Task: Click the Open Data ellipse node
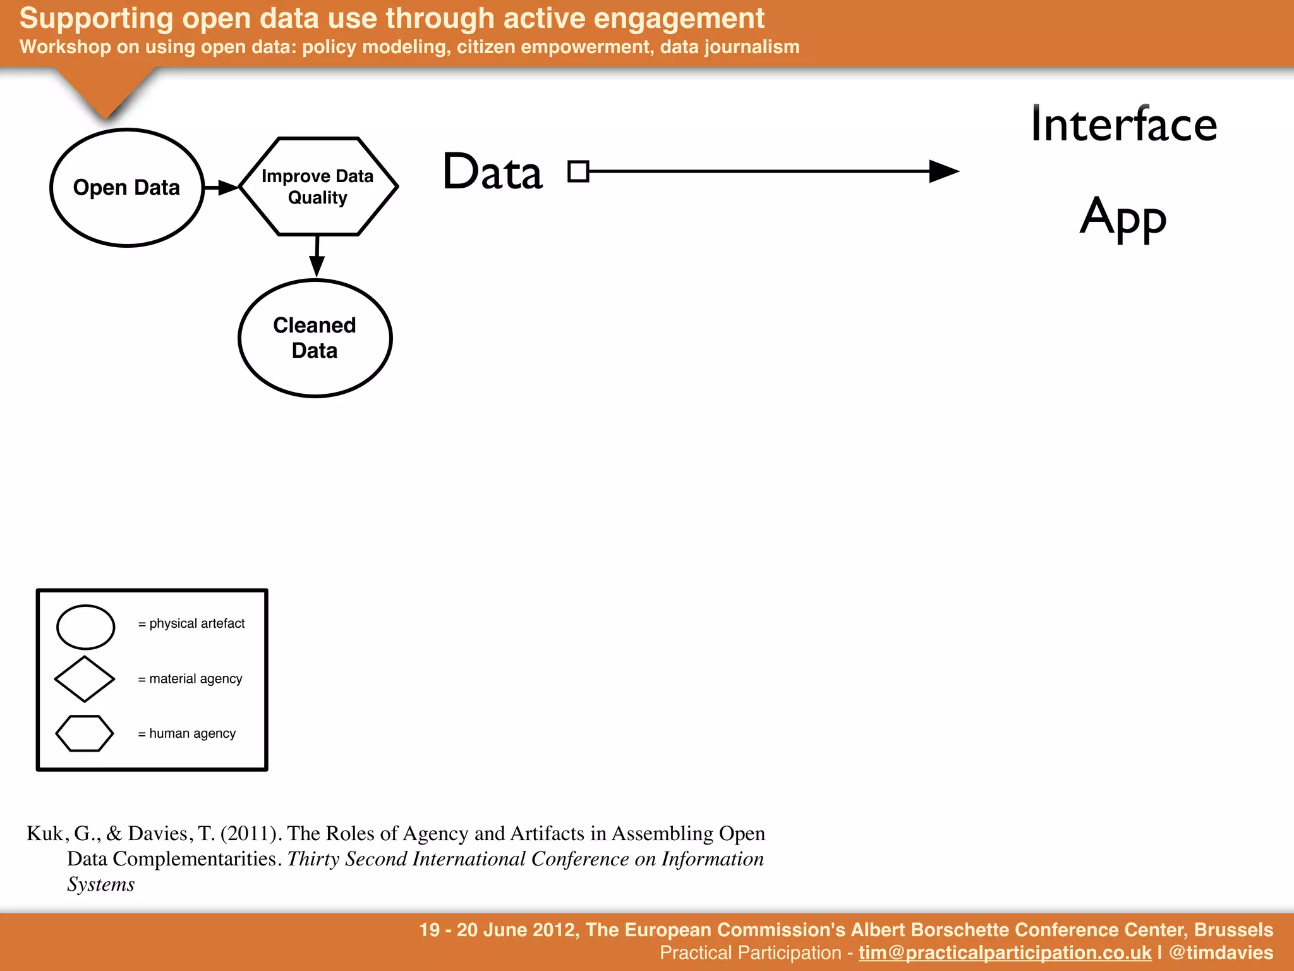[127, 188]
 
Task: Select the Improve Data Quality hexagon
[318, 186]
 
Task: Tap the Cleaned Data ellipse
[315, 338]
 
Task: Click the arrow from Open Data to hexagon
[221, 187]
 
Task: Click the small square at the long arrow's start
[578, 171]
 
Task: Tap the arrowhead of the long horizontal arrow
[944, 171]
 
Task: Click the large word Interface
[1123, 125]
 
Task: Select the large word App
[1123, 217]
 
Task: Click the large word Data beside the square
[493, 172]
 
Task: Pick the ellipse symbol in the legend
[85, 627]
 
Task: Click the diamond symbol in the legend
[85, 679]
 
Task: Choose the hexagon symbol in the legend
[85, 733]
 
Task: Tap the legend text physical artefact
[197, 624]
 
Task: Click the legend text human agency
[192, 734]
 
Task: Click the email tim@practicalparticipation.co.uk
[1005, 953]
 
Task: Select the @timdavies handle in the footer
[1221, 953]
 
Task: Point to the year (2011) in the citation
[250, 834]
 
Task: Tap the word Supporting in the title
[96, 18]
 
